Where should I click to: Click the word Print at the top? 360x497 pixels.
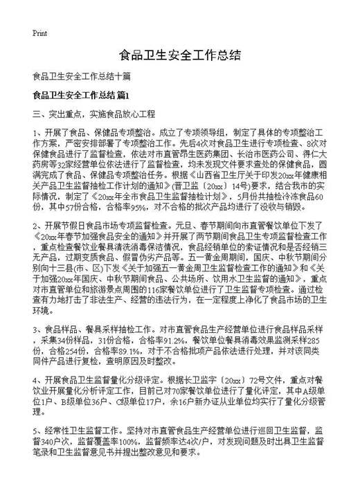coord(39,32)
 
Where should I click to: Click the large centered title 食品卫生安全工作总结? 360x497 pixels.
coord(180,55)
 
